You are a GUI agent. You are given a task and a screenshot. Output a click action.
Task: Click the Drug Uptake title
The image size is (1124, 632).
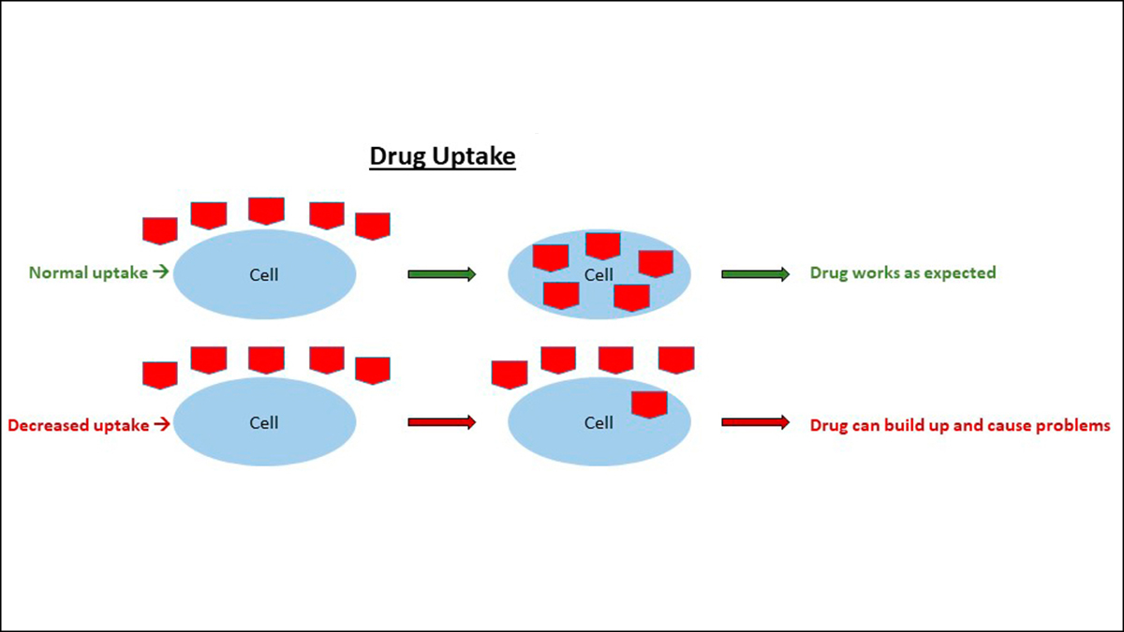tap(442, 156)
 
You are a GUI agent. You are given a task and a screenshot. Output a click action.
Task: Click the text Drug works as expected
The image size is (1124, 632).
tap(902, 273)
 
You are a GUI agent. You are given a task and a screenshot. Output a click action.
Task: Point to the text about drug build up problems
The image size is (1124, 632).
tap(959, 425)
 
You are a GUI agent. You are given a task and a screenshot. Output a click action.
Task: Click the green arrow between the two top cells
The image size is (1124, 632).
tap(442, 274)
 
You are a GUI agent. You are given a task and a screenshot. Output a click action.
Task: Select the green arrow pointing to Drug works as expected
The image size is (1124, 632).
tap(755, 274)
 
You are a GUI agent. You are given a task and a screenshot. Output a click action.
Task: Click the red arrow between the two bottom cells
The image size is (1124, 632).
tap(442, 422)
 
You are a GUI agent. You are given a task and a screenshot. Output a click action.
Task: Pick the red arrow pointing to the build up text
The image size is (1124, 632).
tap(755, 422)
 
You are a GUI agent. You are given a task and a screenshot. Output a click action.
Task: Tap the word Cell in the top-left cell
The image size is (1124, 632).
tap(264, 275)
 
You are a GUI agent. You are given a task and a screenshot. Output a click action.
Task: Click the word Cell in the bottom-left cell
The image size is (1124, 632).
tap(264, 423)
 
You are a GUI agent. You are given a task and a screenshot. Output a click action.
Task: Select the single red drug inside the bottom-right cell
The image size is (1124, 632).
tap(648, 404)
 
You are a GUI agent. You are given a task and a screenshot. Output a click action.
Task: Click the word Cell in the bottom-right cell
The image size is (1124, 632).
tap(599, 423)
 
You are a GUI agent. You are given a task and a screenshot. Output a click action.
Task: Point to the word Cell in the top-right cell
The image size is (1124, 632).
tap(599, 275)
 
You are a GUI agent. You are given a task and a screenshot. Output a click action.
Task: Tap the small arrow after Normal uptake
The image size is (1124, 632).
tap(161, 273)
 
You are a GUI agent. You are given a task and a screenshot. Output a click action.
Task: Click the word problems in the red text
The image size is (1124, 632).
tap(1072, 425)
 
